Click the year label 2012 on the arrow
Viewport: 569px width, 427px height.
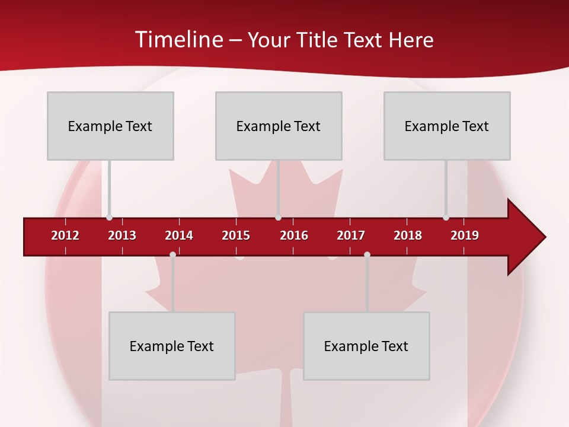(x=65, y=235)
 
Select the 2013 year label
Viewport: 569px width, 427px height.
(x=122, y=235)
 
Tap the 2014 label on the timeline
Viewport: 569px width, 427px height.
(x=179, y=235)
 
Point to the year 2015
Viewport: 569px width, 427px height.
(x=236, y=235)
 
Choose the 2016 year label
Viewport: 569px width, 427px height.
(x=294, y=235)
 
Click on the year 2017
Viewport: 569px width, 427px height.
(x=351, y=235)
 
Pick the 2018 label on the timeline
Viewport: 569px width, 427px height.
(x=408, y=235)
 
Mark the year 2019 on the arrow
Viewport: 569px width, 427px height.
(x=465, y=235)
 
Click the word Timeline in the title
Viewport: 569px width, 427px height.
(x=178, y=40)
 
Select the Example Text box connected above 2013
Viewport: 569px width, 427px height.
(x=110, y=126)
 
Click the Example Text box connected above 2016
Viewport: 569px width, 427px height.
(x=279, y=126)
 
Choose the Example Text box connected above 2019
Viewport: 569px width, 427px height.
(x=447, y=126)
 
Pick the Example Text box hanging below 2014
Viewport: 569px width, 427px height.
(x=172, y=346)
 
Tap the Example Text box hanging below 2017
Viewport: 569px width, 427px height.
(x=366, y=346)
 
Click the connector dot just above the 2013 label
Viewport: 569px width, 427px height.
(x=110, y=218)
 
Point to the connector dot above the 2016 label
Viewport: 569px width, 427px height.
(x=278, y=218)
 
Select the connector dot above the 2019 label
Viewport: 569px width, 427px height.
(x=446, y=218)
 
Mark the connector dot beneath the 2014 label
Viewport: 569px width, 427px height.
(x=172, y=255)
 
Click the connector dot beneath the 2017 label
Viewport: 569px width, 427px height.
(x=367, y=255)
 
